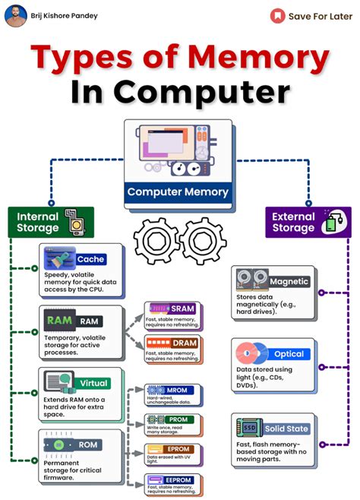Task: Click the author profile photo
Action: point(15,15)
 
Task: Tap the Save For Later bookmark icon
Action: point(278,16)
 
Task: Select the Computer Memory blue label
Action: point(178,191)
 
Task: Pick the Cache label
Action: point(90,259)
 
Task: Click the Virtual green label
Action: point(96,383)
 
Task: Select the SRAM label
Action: point(183,309)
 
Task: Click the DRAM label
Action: point(183,343)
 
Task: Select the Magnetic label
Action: point(289,282)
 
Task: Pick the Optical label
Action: point(289,355)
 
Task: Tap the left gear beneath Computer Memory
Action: point(155,241)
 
